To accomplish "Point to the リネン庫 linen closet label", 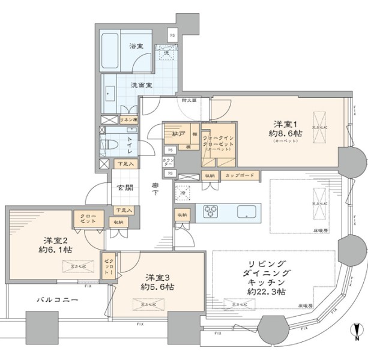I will click(x=129, y=119).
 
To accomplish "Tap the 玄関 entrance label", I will click(x=125, y=187).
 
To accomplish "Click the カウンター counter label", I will click(x=168, y=162).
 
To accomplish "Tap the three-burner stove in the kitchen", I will click(x=213, y=211).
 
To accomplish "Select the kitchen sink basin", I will click(x=247, y=211).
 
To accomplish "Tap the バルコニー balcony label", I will click(x=57, y=299).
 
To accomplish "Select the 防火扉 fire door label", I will click(x=190, y=100).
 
